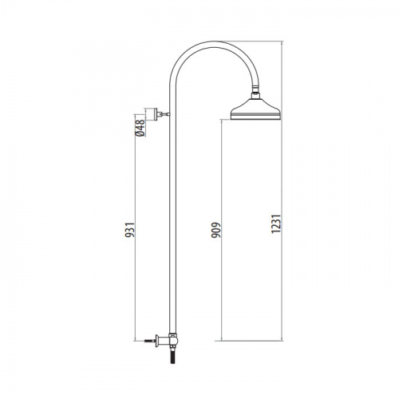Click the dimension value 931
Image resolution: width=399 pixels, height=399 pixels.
click(x=130, y=230)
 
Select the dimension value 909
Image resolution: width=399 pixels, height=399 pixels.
click(x=216, y=230)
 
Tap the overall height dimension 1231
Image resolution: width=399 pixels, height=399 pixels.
click(x=276, y=223)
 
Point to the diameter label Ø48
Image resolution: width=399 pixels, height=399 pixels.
click(x=140, y=128)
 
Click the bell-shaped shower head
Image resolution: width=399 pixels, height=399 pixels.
click(x=255, y=109)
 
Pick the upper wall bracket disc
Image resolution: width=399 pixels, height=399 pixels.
click(x=151, y=114)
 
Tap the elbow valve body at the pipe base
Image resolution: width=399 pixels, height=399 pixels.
click(x=173, y=339)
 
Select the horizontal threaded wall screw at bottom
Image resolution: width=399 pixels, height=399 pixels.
click(x=149, y=341)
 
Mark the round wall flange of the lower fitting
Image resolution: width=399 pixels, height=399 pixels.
click(x=157, y=341)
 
